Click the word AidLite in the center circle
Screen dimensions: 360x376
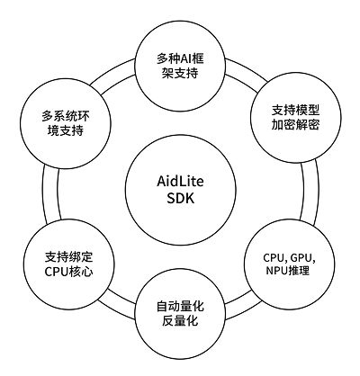click(180, 182)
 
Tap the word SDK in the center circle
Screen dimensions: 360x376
click(180, 198)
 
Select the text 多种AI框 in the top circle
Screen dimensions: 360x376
click(180, 58)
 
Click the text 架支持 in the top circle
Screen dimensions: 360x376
click(180, 73)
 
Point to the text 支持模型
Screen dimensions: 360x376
click(295, 110)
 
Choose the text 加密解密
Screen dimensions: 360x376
click(295, 124)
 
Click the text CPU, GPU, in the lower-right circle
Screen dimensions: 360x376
click(289, 258)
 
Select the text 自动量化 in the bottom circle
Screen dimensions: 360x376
click(180, 307)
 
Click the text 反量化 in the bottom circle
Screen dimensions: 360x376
click(180, 321)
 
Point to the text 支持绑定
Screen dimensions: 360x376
click(68, 257)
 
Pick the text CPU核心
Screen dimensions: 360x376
click(68, 272)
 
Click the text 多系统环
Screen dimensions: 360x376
click(66, 116)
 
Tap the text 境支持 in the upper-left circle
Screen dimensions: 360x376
click(66, 130)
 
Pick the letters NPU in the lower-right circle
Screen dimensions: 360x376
click(276, 271)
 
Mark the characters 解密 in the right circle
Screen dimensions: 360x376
click(308, 124)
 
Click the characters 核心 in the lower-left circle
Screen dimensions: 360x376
click(81, 272)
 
